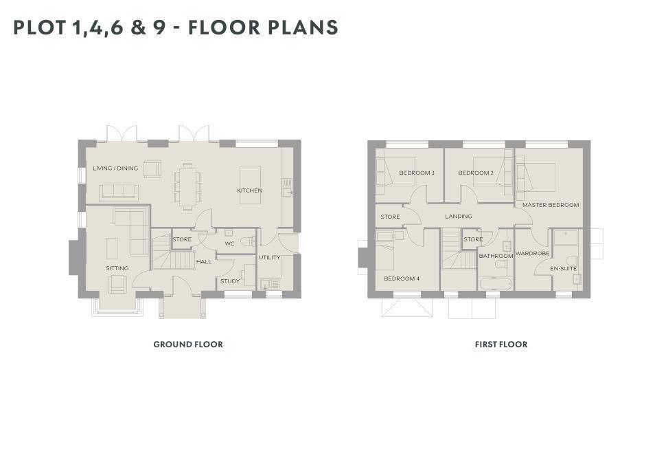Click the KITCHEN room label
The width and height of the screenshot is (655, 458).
point(250,190)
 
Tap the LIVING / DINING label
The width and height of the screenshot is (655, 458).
point(115,168)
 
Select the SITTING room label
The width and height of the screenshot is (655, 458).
point(117,268)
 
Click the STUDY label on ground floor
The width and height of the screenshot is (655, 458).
point(230,281)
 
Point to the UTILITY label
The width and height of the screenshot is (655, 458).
point(269,257)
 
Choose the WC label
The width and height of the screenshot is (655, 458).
point(230,243)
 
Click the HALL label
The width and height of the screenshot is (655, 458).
point(204,261)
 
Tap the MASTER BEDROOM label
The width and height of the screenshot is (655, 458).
point(551,205)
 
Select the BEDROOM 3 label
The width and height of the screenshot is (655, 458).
point(417,173)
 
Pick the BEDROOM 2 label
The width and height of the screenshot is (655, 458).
point(476,173)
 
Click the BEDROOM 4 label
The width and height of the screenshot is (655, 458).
point(402,279)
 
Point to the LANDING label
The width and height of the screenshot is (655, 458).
point(459,216)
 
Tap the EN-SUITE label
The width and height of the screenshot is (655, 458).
point(564,268)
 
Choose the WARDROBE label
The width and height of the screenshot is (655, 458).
point(532,254)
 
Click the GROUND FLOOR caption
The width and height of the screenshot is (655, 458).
point(188,345)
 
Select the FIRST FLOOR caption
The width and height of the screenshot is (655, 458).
point(501,345)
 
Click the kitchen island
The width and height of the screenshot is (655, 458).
point(250,185)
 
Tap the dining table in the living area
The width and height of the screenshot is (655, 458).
point(187,186)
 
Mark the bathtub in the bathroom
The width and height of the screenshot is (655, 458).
point(496,284)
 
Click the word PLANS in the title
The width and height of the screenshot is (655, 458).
point(303,28)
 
